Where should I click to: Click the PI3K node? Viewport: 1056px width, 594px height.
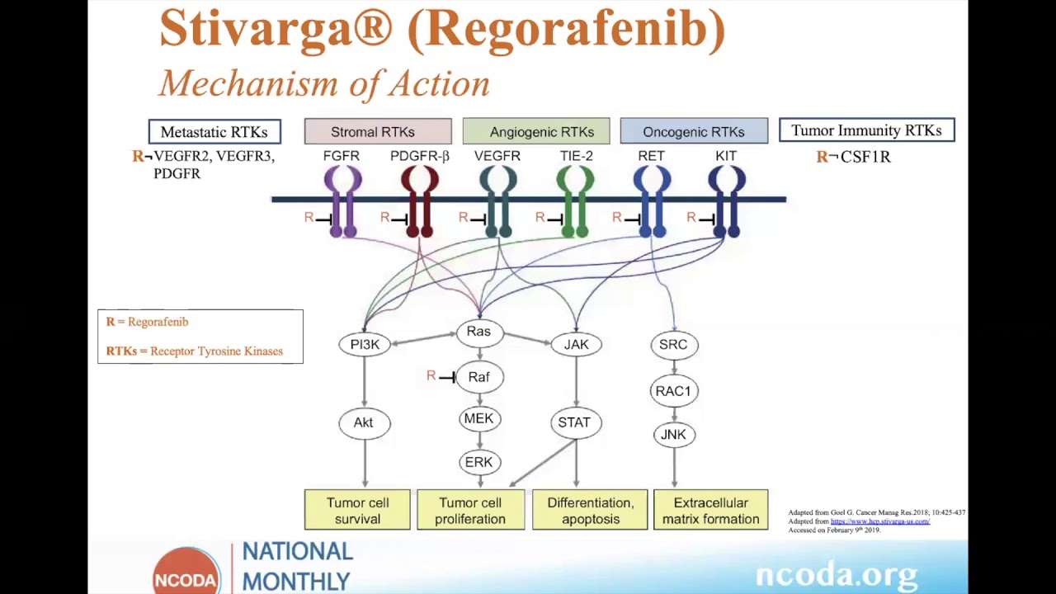[x=365, y=344]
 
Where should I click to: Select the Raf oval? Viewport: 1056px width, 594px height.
[x=478, y=377]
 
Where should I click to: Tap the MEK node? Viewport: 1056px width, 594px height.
[x=478, y=419]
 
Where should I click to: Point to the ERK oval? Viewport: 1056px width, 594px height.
[x=478, y=462]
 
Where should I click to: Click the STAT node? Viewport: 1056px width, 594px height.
[x=574, y=422]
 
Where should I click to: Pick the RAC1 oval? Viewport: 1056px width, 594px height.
[x=673, y=391]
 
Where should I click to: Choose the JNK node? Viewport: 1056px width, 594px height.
[x=673, y=435]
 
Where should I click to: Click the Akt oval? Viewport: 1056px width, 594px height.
[x=364, y=422]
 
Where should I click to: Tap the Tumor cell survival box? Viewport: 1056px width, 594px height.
[x=357, y=510]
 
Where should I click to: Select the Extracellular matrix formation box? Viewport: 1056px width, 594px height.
[x=710, y=510]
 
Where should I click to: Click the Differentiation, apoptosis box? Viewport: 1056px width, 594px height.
[x=590, y=510]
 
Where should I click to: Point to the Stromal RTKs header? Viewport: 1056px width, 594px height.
[x=377, y=132]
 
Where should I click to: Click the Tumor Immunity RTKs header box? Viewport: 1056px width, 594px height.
[x=866, y=130]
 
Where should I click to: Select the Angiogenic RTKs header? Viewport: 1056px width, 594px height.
[x=536, y=132]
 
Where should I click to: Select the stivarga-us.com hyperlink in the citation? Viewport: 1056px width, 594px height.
[x=879, y=521]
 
